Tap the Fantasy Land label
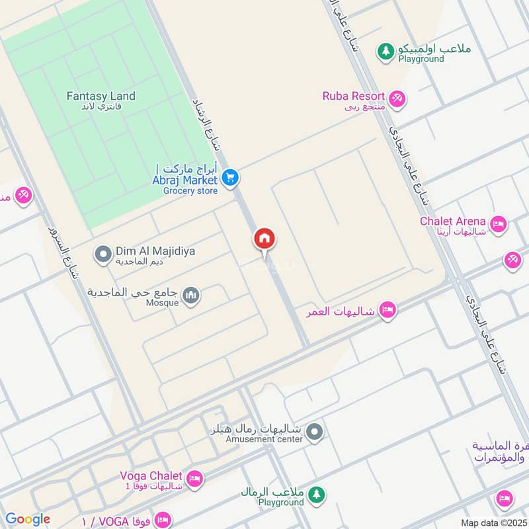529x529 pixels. point(101,96)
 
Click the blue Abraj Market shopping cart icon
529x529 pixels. point(230,177)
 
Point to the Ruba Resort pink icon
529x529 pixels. point(397,99)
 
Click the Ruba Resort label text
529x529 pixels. point(354,96)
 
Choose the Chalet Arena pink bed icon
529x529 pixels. point(499,224)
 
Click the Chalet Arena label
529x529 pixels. point(453,221)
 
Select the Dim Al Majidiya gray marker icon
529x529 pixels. point(102,254)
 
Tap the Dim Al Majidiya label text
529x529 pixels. point(155,251)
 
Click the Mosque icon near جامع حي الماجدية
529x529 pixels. point(191,294)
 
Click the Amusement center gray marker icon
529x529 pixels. point(316,432)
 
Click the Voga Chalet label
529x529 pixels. point(151,475)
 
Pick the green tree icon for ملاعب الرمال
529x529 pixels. point(317,493)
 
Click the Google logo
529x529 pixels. point(28,519)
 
